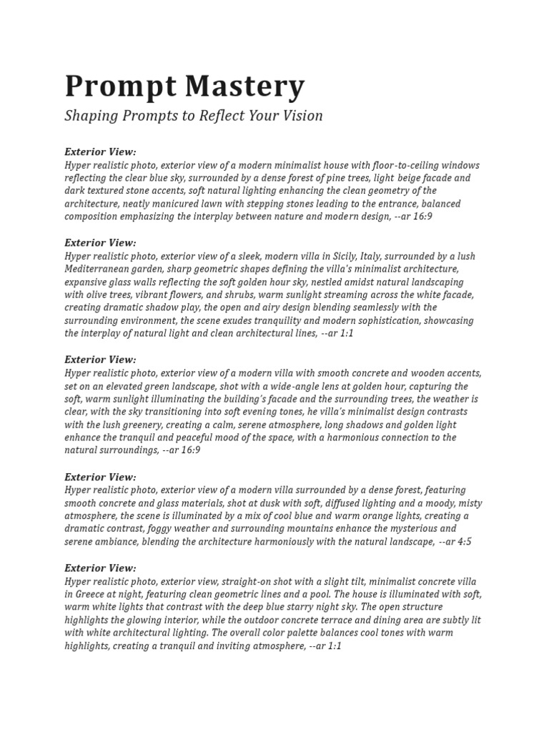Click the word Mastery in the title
coord(245,87)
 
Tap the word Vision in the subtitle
coord(303,115)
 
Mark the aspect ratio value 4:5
coord(464,542)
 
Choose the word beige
coord(415,178)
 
